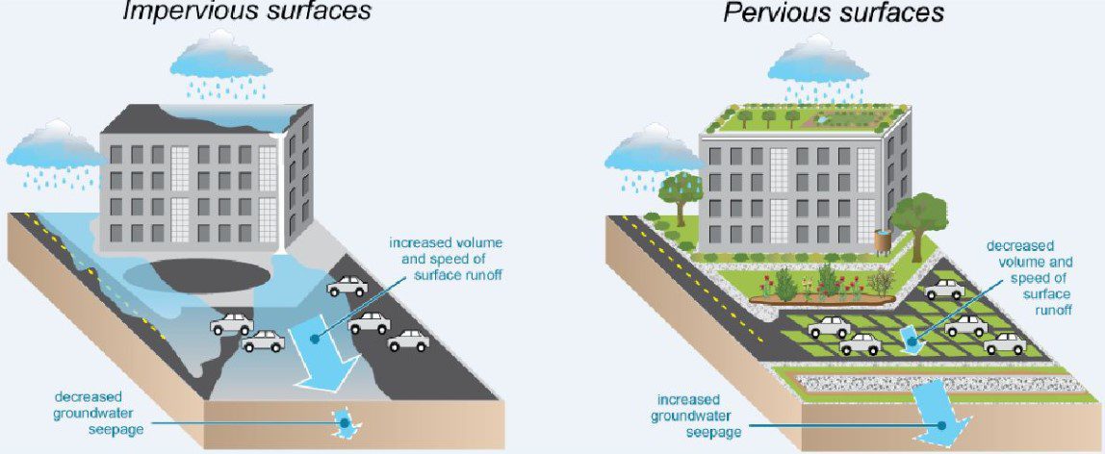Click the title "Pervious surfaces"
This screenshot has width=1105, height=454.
pyautogui.click(x=834, y=13)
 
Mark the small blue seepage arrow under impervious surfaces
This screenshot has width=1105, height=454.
pyautogui.click(x=343, y=421)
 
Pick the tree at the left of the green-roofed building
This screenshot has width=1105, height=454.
pyautogui.click(x=681, y=191)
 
